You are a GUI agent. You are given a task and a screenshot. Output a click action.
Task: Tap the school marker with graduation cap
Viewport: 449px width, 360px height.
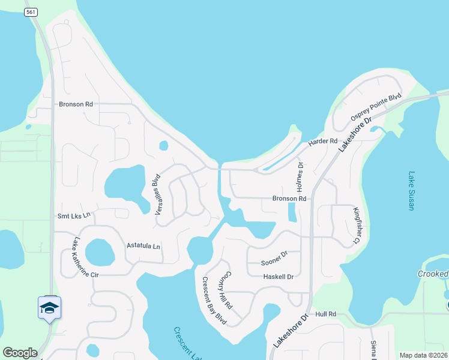tap(49, 308)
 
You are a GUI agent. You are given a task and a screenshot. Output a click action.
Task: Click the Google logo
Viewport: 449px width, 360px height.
tap(20, 353)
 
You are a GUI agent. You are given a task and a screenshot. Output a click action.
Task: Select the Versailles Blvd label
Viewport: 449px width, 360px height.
tap(158, 194)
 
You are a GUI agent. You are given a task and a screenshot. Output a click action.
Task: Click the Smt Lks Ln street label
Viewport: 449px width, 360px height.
tap(73, 215)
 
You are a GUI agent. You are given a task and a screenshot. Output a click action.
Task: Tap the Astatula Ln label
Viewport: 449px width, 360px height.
tap(143, 246)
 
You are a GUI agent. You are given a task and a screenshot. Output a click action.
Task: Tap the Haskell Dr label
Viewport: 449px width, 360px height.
tap(278, 277)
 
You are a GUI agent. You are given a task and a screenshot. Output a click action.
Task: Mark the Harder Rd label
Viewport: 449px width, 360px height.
tap(322, 142)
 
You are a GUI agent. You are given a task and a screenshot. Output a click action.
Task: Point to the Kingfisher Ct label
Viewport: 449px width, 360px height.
tap(357, 225)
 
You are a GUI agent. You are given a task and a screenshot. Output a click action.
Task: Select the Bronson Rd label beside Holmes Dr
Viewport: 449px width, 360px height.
tap(289, 198)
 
